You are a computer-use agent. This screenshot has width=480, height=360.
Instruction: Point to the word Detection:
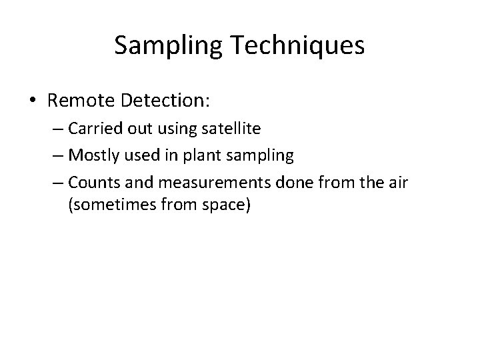coord(166,101)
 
